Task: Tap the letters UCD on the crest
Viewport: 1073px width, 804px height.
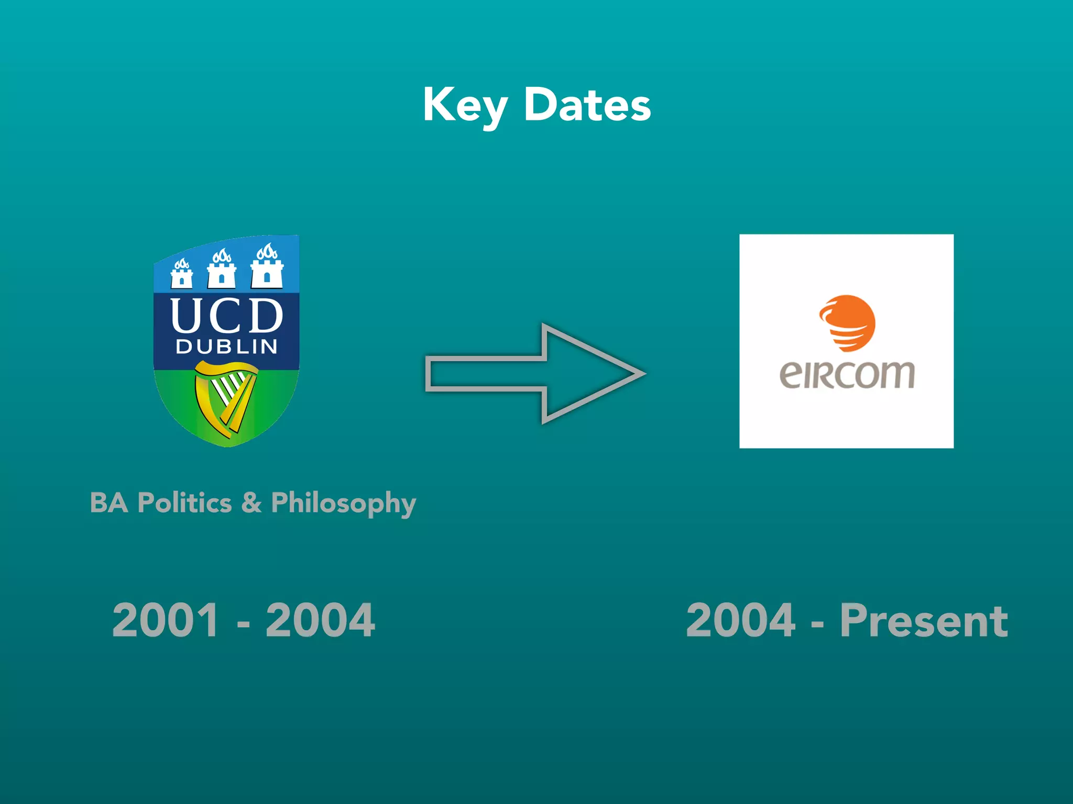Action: [x=226, y=316]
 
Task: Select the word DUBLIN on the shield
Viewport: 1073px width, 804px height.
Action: [x=226, y=347]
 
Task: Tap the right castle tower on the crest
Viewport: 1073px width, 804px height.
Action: [x=267, y=267]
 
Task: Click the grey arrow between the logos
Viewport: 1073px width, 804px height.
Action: [x=534, y=373]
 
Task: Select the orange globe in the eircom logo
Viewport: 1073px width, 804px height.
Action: [x=847, y=322]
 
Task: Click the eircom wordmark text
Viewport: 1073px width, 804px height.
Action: [x=847, y=375]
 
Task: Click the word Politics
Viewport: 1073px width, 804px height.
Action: [x=184, y=502]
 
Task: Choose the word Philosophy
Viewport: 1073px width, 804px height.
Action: [x=343, y=504]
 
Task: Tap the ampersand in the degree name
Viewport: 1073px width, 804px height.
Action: [x=251, y=502]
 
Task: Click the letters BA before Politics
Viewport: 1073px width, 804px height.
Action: [x=109, y=502]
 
